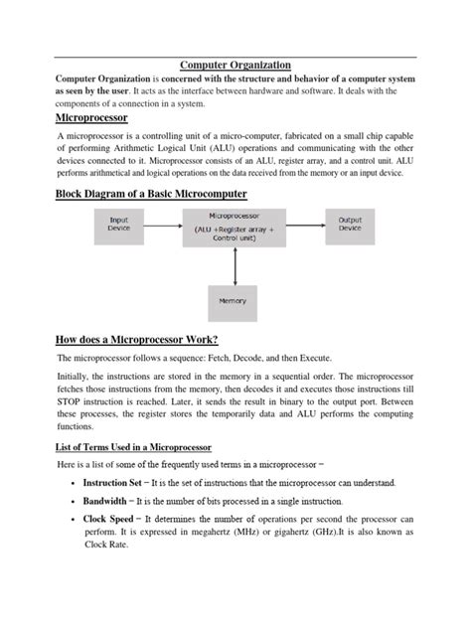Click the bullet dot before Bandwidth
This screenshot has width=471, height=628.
[76, 501]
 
